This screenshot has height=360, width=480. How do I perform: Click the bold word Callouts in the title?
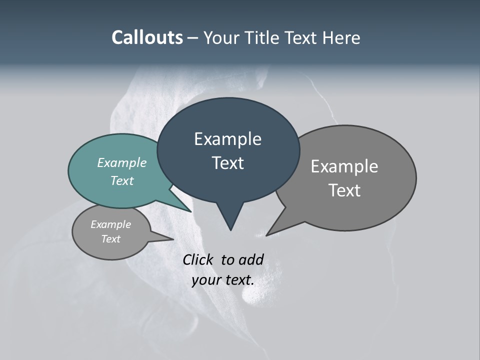tap(147, 38)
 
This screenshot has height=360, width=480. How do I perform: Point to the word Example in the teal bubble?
tap(121, 163)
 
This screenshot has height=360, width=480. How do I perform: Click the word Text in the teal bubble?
tap(121, 181)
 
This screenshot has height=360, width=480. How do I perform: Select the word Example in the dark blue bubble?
tap(227, 139)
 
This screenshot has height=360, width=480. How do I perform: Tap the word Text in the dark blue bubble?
tap(227, 163)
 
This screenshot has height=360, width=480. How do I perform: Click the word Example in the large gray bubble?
tap(344, 166)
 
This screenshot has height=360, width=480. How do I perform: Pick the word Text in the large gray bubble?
tap(344, 190)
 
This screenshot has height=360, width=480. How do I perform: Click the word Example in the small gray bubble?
tap(110, 224)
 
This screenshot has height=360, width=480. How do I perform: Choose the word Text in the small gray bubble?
tap(110, 239)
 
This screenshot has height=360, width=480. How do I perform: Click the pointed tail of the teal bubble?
tap(188, 209)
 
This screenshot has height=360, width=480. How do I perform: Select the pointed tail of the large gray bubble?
tap(269, 233)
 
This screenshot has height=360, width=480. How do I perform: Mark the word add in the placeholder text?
tap(250, 259)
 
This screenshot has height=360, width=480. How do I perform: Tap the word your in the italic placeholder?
tap(205, 280)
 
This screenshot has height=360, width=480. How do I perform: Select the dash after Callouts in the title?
tap(193, 38)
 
